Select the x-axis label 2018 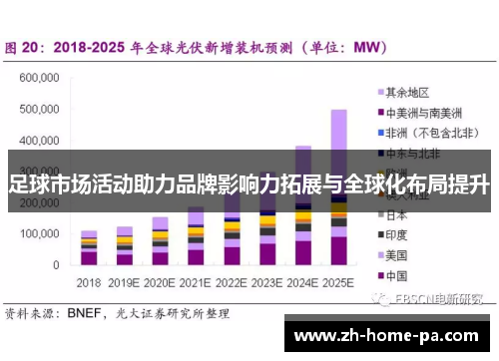(x=89, y=282)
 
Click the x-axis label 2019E (x=125, y=282)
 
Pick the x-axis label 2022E (x=232, y=282)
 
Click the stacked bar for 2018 (x=89, y=249)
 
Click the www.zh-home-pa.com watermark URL (x=389, y=335)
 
